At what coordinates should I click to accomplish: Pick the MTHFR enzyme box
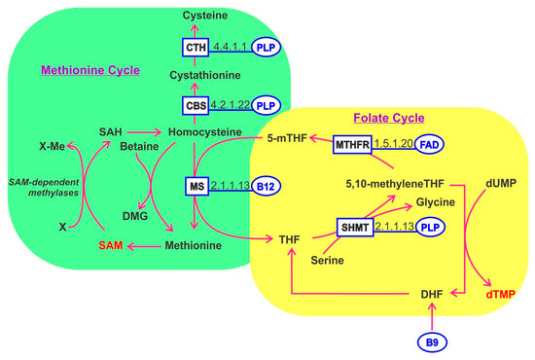click(x=354, y=144)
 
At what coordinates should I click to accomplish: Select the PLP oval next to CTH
click(x=267, y=46)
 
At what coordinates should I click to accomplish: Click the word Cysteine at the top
click(x=193, y=16)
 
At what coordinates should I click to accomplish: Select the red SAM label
click(x=114, y=246)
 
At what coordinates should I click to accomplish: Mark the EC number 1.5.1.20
click(x=393, y=142)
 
